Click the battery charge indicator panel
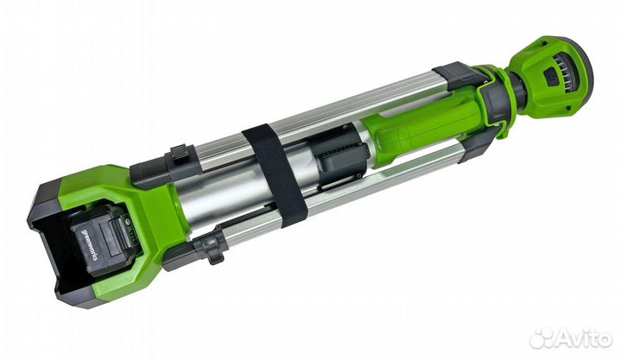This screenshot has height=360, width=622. click(125, 226)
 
